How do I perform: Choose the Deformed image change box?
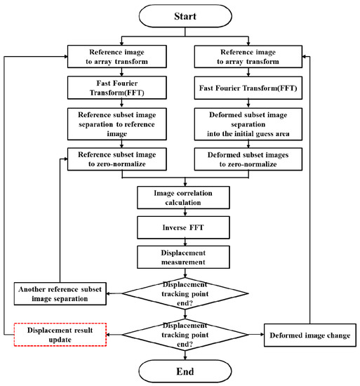tap(307, 335)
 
